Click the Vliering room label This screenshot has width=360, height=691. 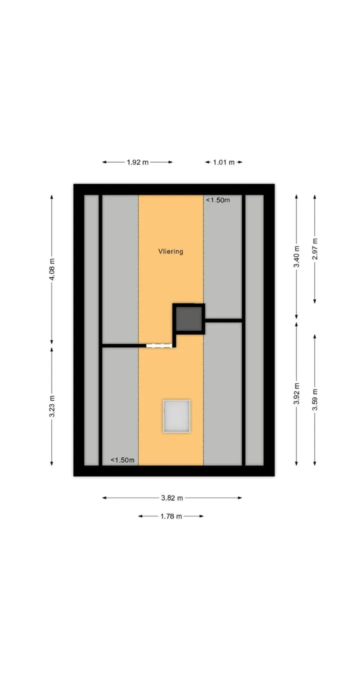tap(170, 251)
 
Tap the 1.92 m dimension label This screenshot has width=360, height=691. tap(137, 162)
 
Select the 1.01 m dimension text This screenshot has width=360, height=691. tap(223, 162)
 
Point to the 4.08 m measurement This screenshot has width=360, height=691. tap(52, 269)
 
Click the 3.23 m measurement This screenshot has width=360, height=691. tap(52, 406)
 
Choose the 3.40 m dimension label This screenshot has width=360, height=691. tap(296, 256)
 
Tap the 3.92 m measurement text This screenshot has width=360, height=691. tap(296, 393)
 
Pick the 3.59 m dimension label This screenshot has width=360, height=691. tap(314, 400)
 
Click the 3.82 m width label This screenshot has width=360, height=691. tap(172, 498)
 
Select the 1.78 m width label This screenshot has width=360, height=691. tap(171, 516)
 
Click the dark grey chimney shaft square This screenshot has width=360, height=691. tap(189, 318)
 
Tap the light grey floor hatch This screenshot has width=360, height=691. tap(176, 416)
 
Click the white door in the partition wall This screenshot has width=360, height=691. tap(158, 346)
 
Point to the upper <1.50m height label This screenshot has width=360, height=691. tap(218, 200)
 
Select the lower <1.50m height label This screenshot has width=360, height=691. tap(122, 460)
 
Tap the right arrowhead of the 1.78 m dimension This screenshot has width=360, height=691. tap(201, 516)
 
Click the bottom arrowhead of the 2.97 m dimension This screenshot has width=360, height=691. tap(314, 301)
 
